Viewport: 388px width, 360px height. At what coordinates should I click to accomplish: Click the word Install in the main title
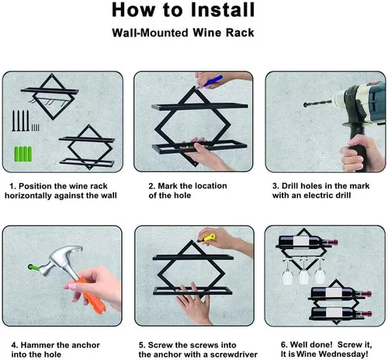pos(223,10)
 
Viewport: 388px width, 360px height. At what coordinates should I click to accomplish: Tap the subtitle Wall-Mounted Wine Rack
pos(183,33)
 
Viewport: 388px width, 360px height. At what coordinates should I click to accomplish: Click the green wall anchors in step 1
pos(23,154)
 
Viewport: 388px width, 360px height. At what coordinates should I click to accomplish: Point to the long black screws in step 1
pos(20,120)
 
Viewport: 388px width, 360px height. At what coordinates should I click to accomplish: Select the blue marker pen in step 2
pos(213,81)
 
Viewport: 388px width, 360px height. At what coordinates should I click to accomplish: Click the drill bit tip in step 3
pos(305,105)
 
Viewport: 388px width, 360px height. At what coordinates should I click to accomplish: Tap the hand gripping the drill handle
pos(362,153)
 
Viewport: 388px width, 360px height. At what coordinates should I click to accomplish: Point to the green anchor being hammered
pos(33,268)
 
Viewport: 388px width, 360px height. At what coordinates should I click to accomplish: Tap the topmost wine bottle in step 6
pos(308,241)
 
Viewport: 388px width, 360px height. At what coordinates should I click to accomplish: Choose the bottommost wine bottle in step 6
pos(341,313)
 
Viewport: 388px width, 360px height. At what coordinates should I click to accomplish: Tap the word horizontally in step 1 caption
pos(28,196)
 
